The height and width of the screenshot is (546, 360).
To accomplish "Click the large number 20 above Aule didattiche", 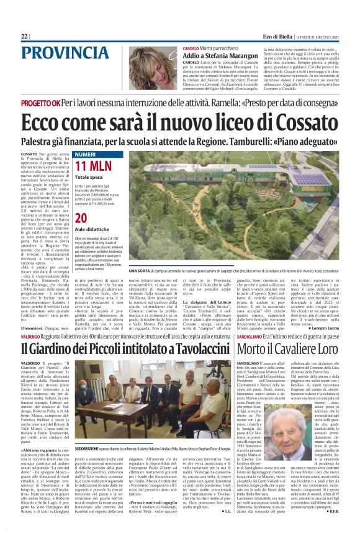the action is tap(81, 218).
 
